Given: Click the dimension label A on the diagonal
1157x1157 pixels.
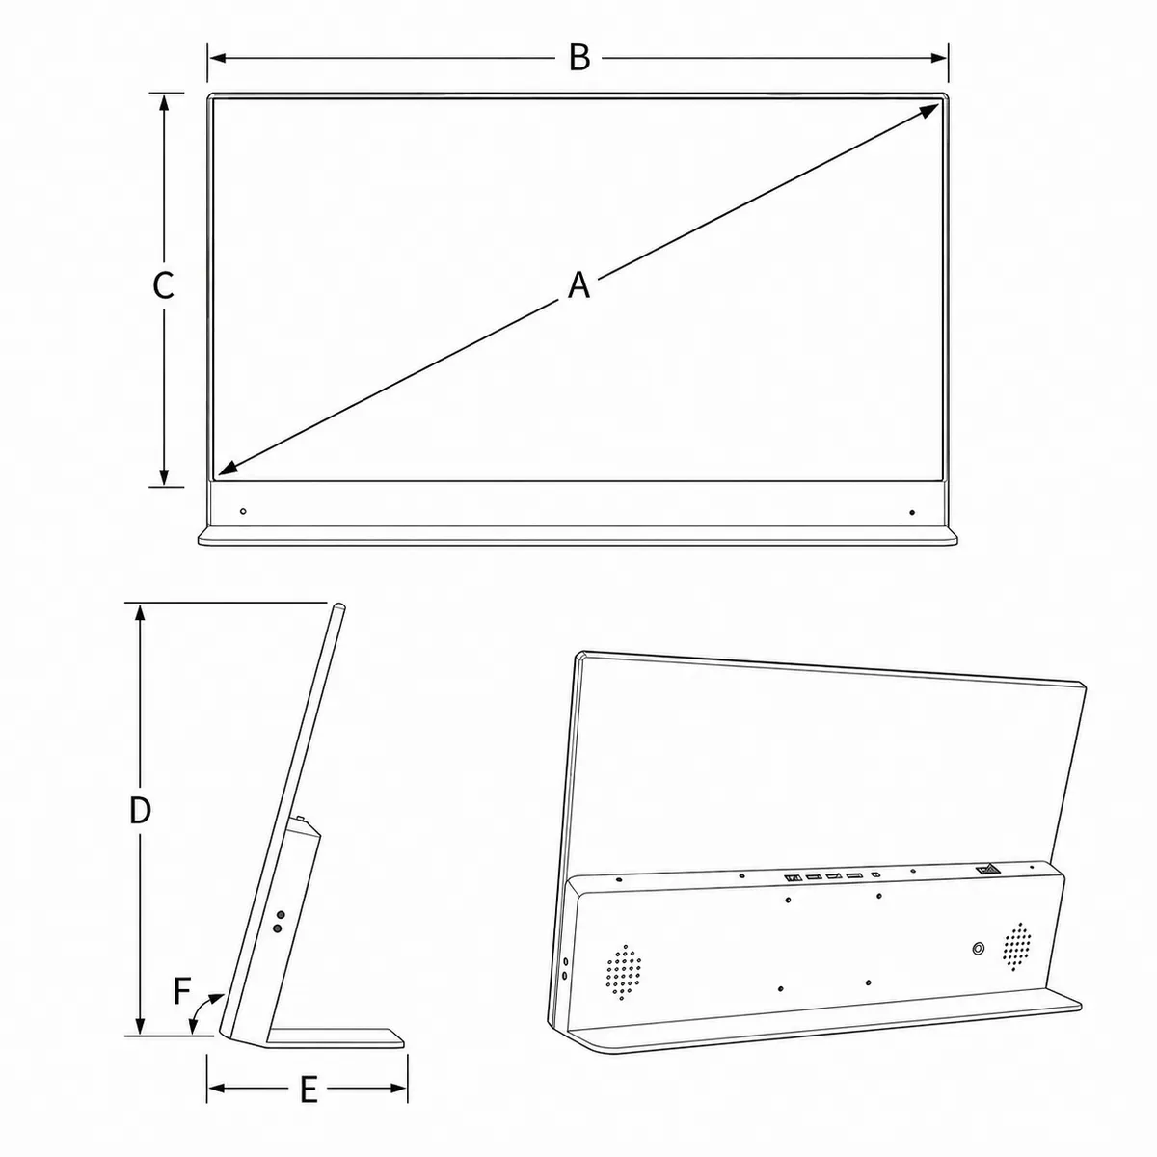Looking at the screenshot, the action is [x=578, y=284].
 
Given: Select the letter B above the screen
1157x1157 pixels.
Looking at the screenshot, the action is [x=579, y=58].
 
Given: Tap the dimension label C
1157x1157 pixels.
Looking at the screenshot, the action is [x=163, y=285].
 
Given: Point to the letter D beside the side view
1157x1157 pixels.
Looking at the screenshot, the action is [x=140, y=811].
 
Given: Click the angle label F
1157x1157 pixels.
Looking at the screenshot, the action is [x=182, y=991].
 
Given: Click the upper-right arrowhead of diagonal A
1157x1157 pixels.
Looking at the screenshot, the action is [x=930, y=110].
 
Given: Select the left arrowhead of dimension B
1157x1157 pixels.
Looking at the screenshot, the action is [x=217, y=58].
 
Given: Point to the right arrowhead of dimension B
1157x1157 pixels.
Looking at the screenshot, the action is [x=939, y=58].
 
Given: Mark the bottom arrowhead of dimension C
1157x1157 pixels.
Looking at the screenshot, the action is [x=163, y=477].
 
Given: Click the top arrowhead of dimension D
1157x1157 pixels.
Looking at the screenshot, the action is [x=140, y=613].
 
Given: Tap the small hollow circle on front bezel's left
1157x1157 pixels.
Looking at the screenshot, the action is [x=243, y=511].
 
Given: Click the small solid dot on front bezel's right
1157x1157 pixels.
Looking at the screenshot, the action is [x=912, y=512].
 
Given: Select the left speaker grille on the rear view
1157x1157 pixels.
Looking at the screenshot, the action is [x=624, y=972].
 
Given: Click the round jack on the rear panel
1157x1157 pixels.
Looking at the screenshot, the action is [x=978, y=949].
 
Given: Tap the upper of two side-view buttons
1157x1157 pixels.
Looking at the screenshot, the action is [x=281, y=915].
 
